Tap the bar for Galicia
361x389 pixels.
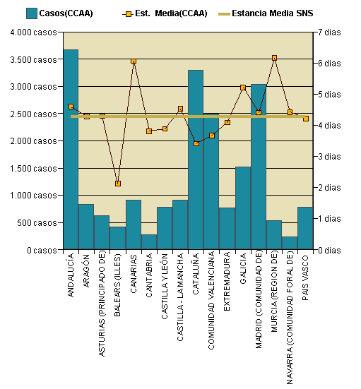[x=242, y=208]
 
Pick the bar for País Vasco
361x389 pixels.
[x=305, y=228]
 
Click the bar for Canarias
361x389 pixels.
[x=133, y=225]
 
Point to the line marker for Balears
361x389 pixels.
[x=118, y=184]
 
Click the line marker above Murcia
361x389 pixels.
[x=274, y=58]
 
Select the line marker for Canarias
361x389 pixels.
[x=134, y=61]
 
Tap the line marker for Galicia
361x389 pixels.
[x=243, y=88]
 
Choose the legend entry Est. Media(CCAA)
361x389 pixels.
[x=165, y=13]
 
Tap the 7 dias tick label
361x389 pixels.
[x=330, y=32]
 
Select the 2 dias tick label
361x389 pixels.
[x=330, y=188]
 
